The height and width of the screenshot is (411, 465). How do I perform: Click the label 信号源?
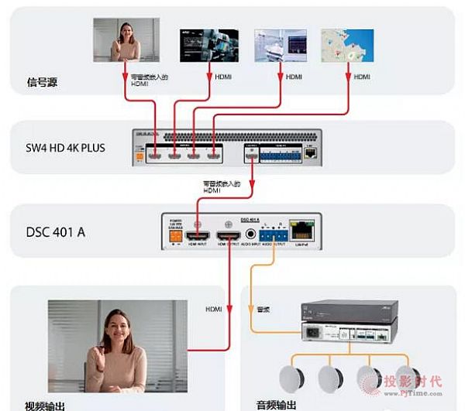point(43,80)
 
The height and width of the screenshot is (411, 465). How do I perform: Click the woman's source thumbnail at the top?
point(126,39)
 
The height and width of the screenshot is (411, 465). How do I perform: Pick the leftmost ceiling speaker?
point(301,378)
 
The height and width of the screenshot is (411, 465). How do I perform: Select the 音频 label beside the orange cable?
point(264,310)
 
